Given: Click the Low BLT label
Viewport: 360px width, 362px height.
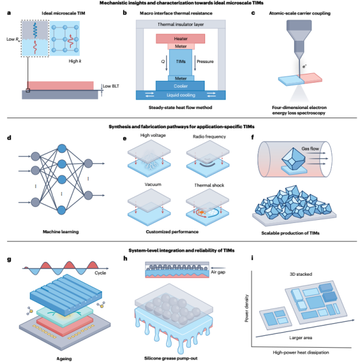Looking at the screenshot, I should click(112, 86).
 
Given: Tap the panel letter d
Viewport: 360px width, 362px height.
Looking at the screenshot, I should click(9, 137).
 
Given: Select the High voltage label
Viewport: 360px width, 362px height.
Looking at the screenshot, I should click(136, 135).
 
